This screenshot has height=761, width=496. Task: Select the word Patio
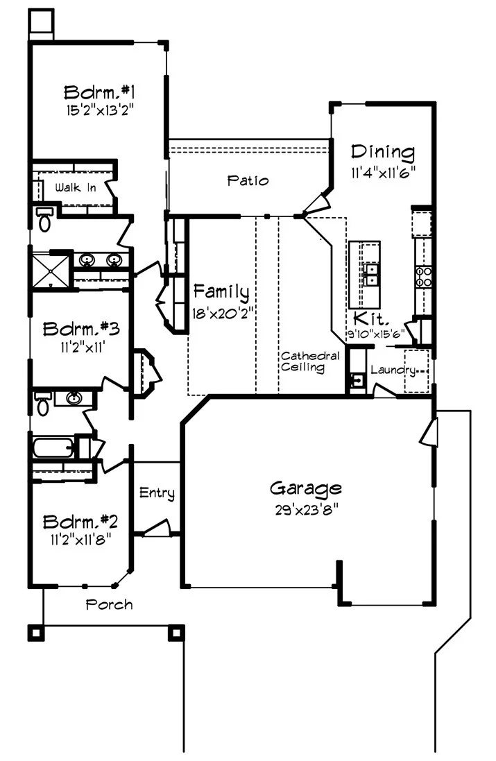[248, 181]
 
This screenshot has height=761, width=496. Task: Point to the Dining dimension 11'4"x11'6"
[383, 173]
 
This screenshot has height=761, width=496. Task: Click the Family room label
[221, 291]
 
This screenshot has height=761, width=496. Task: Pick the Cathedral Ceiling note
[309, 362]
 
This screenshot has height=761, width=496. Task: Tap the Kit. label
[368, 318]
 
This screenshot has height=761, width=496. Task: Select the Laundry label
[393, 370]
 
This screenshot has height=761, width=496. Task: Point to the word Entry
[157, 493]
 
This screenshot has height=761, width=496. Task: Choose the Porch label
[109, 605]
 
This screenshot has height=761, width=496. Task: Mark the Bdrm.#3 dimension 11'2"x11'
[82, 348]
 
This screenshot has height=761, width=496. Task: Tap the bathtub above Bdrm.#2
[54, 447]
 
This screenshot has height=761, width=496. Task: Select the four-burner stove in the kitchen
[423, 276]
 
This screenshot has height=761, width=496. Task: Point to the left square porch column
[36, 632]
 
